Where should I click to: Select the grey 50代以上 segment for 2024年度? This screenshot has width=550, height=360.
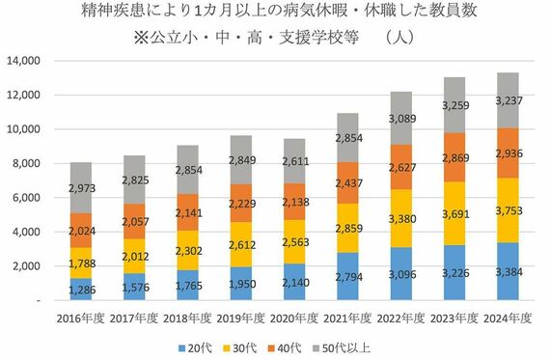[x=508, y=99]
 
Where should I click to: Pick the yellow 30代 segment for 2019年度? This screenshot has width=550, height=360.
[x=237, y=245]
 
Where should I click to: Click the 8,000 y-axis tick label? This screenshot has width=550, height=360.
[x=24, y=164]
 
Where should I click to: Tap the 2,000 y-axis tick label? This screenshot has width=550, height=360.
[x=24, y=266]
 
